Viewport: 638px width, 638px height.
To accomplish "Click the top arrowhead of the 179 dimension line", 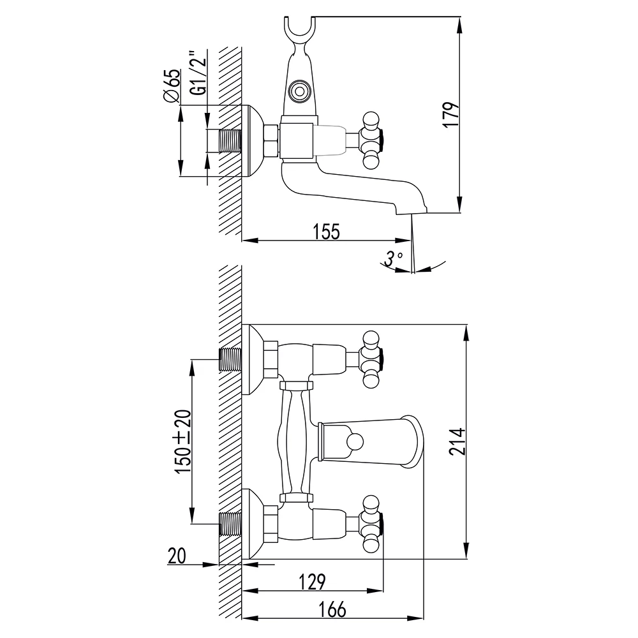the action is coord(459,24).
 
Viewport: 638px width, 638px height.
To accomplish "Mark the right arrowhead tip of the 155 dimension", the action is coord(411,241).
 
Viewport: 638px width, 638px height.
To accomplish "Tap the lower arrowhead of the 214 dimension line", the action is coord(466,552).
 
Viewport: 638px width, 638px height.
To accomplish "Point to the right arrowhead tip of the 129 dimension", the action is coord(383,590).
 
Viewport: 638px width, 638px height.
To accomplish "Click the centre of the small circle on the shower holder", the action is coord(299,91).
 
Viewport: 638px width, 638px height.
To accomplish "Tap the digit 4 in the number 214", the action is coord(457,434).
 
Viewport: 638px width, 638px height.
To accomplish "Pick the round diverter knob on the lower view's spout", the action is coord(353,442).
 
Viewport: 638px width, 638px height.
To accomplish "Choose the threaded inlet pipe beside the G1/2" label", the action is coord(230,141).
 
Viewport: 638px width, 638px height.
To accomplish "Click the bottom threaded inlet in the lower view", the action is coord(230,523).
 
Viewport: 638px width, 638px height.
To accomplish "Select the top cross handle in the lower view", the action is coord(371,359).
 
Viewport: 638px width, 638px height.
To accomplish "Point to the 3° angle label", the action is coord(393,258).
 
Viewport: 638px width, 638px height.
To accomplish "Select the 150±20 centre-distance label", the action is coord(183,441).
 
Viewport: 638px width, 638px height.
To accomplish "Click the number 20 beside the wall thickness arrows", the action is coord(177,556).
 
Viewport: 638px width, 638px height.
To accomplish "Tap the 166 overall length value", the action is coord(332,609).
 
